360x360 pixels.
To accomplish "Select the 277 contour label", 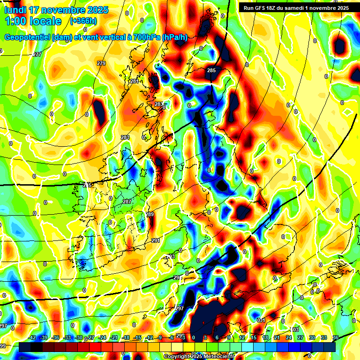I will (37, 55).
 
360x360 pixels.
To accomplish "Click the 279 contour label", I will (101, 63).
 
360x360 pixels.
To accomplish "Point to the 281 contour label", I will (135, 82).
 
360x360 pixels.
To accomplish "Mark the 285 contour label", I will (211, 70).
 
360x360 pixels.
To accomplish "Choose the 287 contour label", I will (127, 202).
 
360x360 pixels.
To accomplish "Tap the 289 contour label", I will (150, 215).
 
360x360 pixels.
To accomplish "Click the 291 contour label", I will (156, 241).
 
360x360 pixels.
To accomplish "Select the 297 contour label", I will (179, 308).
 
